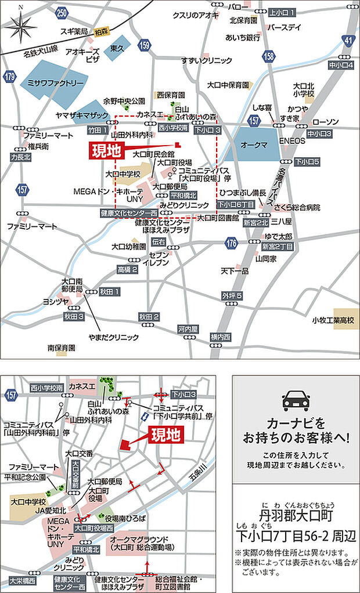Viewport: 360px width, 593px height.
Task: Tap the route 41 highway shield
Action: coord(347,40)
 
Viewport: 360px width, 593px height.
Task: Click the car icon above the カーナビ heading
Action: coord(296,401)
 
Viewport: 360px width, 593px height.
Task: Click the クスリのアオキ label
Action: coord(194,16)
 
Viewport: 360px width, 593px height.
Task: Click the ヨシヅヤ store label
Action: coord(56,302)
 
